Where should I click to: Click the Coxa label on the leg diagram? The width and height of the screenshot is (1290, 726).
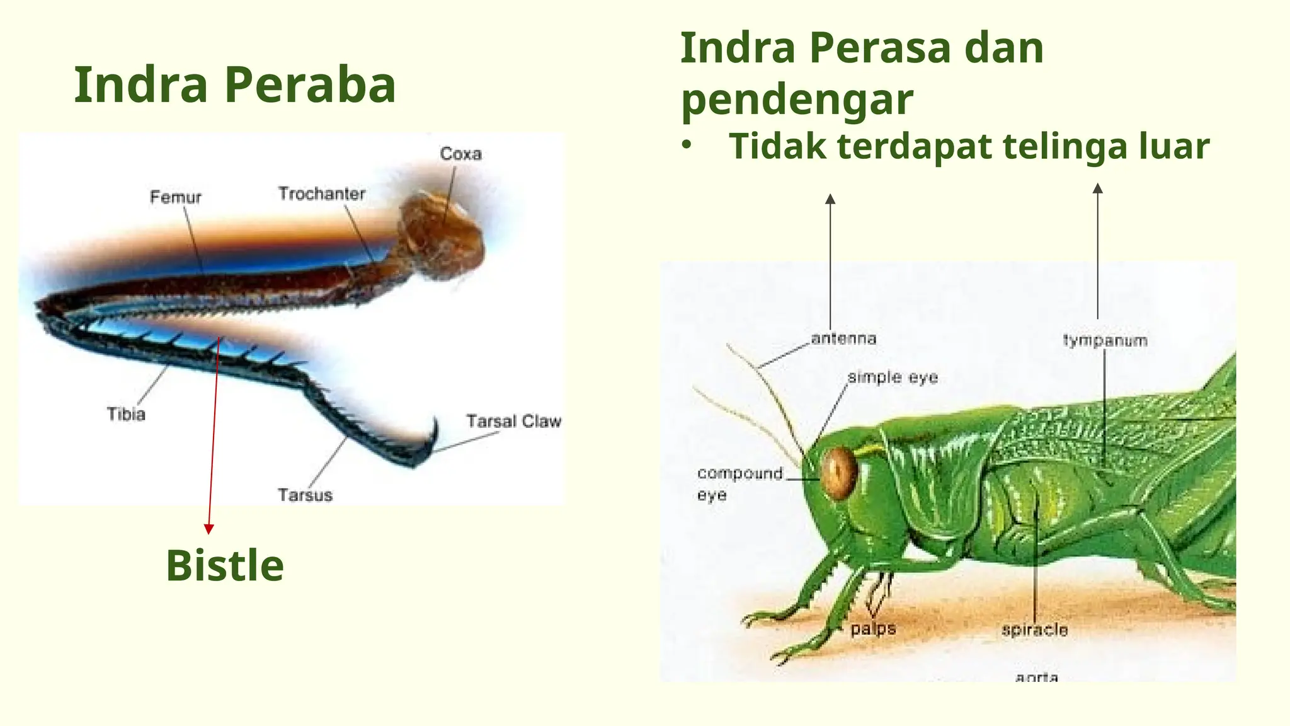coord(460,154)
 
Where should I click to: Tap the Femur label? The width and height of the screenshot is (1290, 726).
coord(175,197)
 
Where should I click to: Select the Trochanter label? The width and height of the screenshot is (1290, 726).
coord(322,193)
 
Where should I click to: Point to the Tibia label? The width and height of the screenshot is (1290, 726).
coord(126,414)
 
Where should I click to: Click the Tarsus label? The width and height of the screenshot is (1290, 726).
coord(305,495)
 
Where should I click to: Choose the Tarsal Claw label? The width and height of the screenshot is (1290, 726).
coord(513,421)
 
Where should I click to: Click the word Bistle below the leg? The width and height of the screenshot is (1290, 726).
coord(225,565)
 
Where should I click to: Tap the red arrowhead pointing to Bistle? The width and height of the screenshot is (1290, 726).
coord(209,529)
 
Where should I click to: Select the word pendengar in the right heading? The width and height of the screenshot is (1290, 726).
coord(797,99)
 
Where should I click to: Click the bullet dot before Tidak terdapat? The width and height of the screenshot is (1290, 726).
coord(687,145)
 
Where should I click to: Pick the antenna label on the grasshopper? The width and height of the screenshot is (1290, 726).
coord(843,338)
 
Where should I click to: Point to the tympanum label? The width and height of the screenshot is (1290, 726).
coord(1105,340)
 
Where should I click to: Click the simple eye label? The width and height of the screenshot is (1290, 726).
coord(893,377)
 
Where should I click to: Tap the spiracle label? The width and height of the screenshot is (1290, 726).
coord(1034,629)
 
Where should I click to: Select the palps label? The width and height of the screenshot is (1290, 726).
coord(872,628)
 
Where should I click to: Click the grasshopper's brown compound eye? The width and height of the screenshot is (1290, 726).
coord(838,473)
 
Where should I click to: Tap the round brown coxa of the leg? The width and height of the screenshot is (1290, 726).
coord(443,236)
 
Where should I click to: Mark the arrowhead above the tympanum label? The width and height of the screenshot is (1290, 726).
coord(1098,188)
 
